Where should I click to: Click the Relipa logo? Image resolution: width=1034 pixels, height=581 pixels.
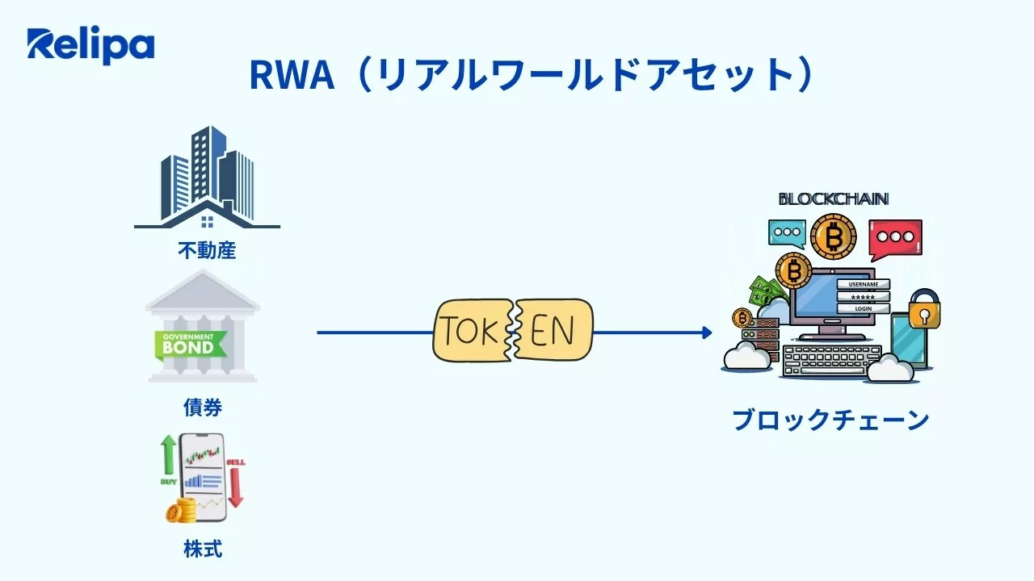90,46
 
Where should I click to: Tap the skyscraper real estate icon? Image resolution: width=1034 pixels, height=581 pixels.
207,178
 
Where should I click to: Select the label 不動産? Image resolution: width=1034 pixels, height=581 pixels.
207,250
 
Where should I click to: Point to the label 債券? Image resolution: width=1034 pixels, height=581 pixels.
203,408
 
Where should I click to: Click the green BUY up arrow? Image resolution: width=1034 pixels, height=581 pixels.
168,456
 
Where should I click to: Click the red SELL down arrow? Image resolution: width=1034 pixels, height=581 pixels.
236,484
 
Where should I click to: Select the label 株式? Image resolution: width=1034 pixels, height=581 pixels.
203,550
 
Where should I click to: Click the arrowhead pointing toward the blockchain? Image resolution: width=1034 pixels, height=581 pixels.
707,332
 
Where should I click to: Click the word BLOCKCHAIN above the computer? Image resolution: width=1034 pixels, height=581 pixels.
833,199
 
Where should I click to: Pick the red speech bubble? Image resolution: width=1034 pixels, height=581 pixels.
895,237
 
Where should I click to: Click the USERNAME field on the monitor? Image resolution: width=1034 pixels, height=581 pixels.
862,284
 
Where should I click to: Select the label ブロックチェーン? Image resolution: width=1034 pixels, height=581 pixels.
830,420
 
